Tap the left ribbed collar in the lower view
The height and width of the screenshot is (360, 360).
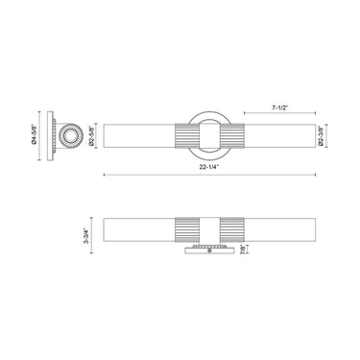pos(183,231)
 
